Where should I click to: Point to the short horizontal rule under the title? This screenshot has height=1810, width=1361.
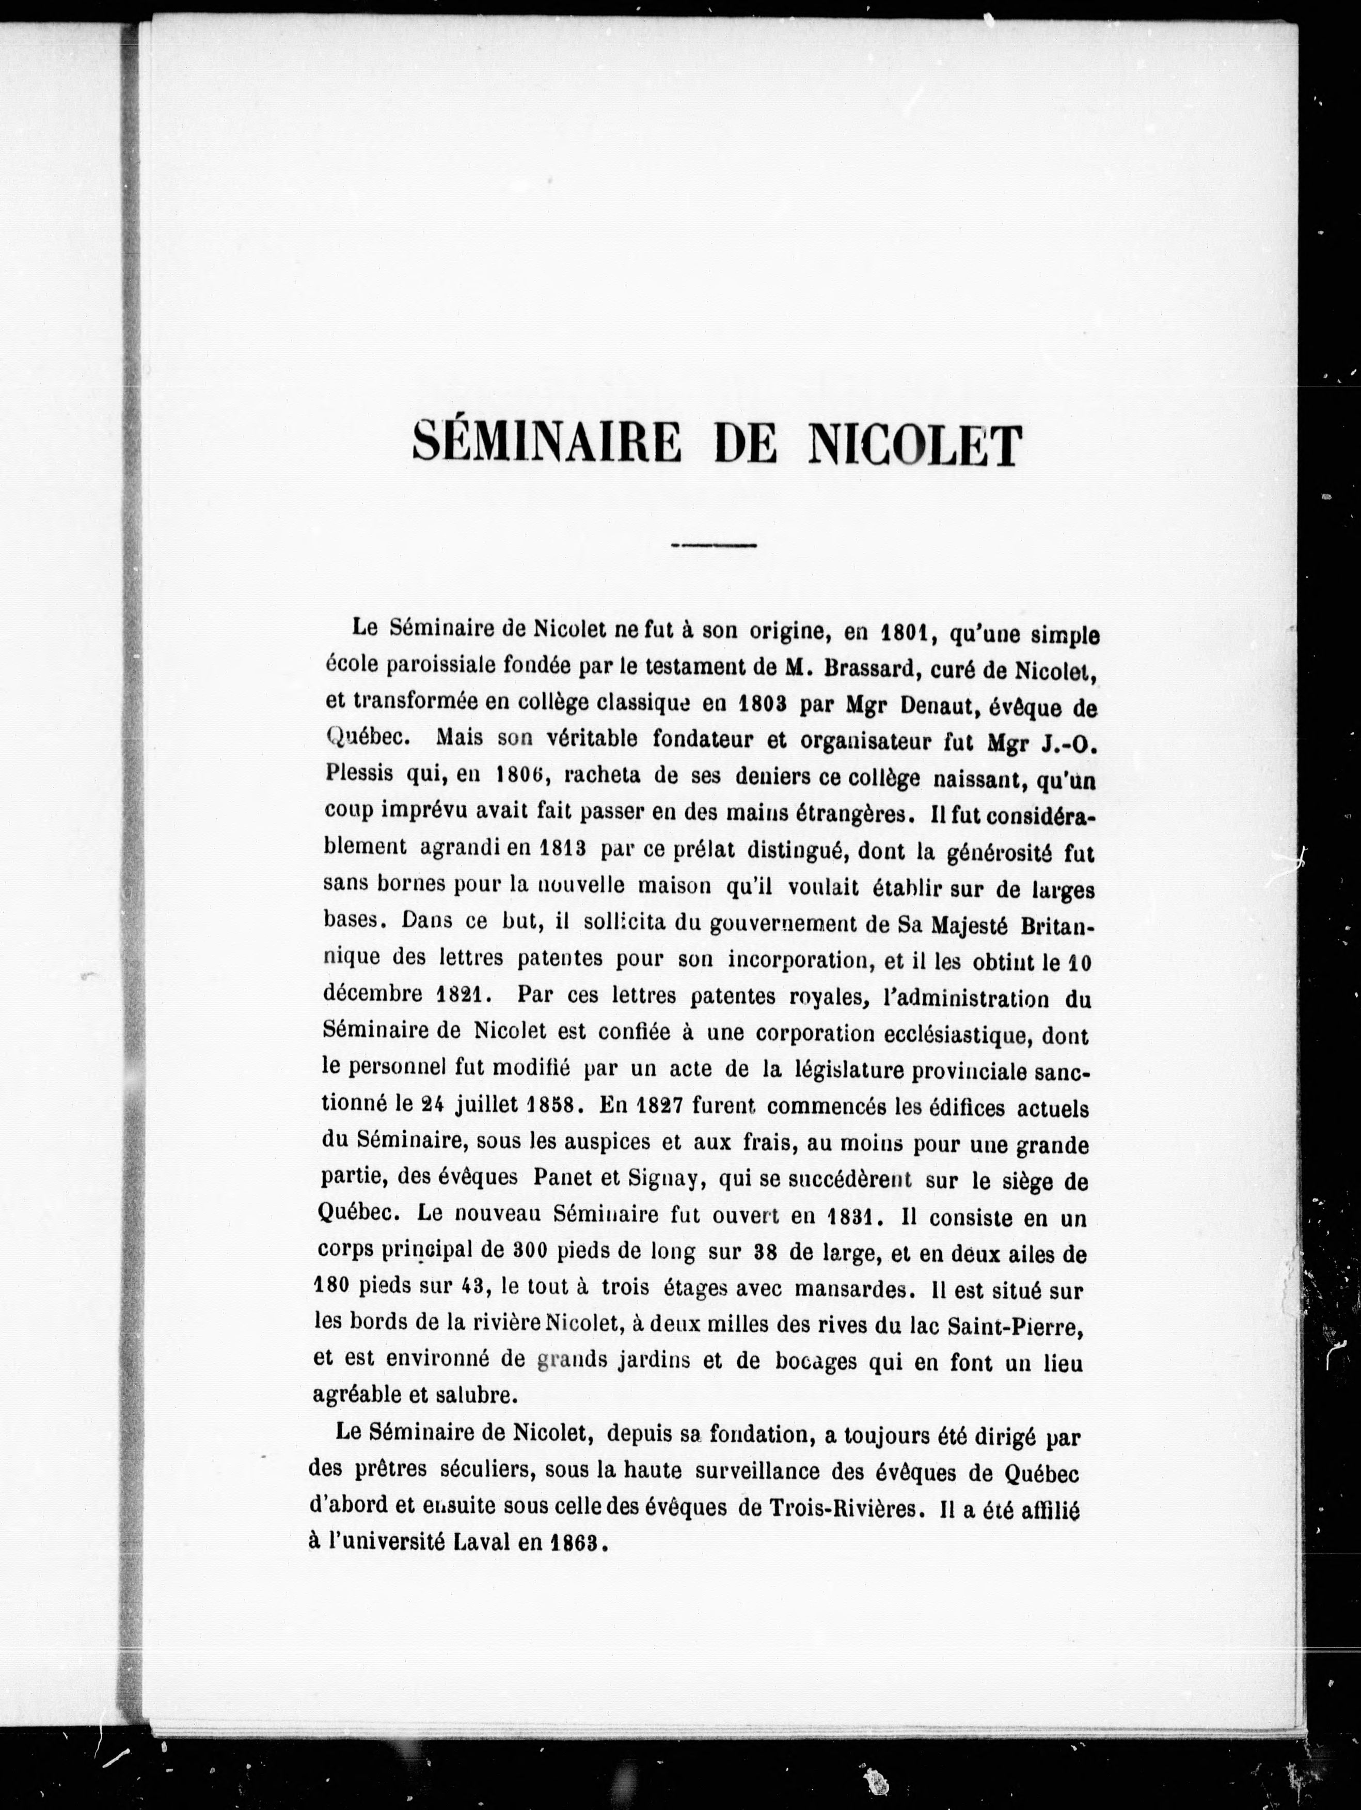tap(713, 545)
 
